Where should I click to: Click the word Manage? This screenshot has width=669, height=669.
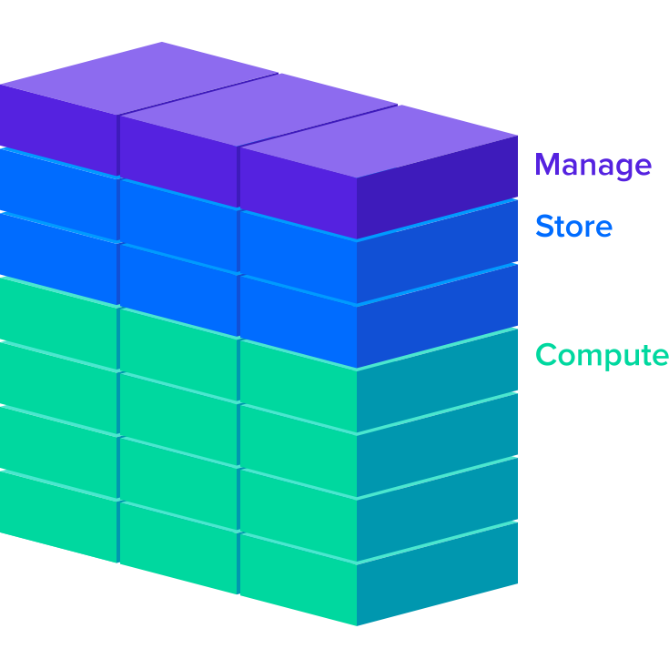coord(593,166)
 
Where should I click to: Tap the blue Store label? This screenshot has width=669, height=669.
coord(573,226)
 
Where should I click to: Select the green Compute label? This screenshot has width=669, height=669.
coord(602,355)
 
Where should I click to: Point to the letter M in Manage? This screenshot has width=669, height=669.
coord(548,166)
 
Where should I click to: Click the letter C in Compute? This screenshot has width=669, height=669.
coord(548,354)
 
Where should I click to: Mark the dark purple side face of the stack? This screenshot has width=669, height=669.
coord(437,186)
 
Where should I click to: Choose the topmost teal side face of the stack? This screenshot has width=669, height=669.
coord(437,377)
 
